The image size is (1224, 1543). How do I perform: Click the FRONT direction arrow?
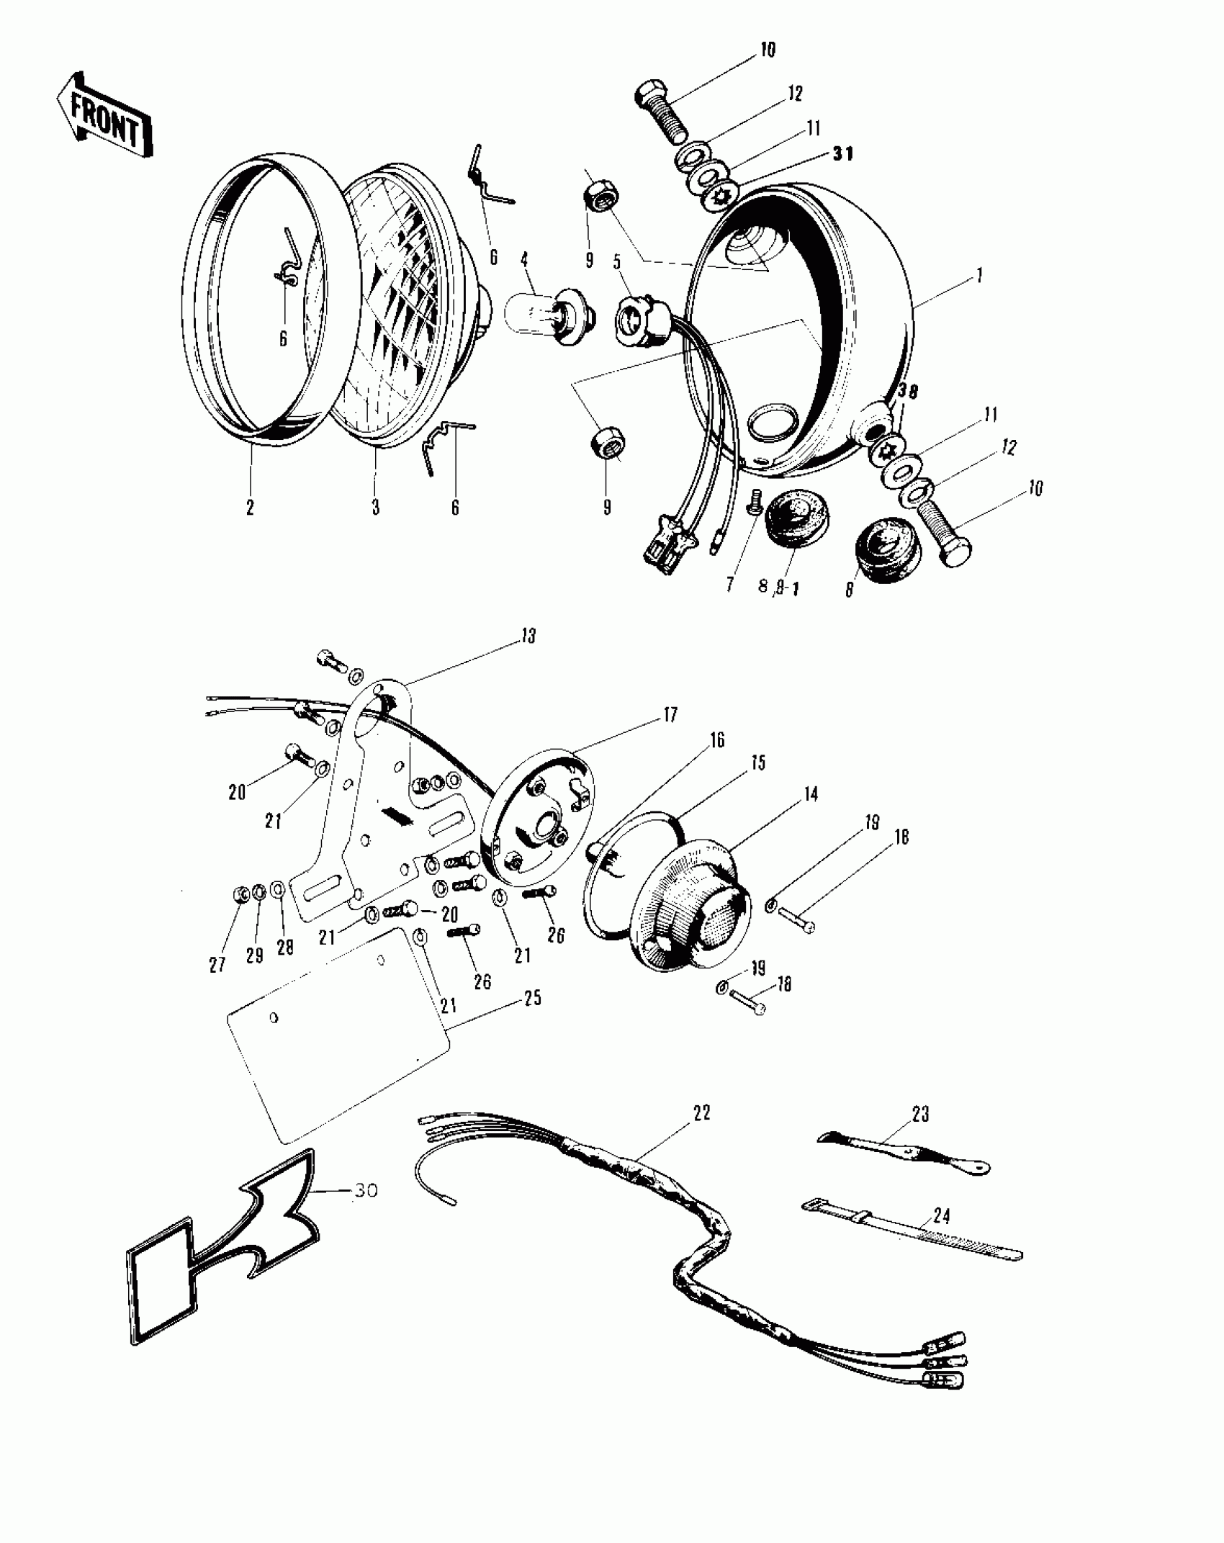(x=104, y=114)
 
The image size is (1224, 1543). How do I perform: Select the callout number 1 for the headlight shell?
(x=978, y=276)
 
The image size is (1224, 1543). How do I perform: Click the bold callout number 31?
(x=842, y=154)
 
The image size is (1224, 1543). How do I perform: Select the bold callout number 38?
(x=909, y=392)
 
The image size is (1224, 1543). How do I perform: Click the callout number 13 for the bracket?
(x=529, y=636)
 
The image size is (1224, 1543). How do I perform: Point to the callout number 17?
(x=670, y=715)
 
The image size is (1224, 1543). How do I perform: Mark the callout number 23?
(x=920, y=1115)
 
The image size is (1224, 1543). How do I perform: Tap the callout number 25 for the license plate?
(x=532, y=999)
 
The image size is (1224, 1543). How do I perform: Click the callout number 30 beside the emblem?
(x=366, y=1191)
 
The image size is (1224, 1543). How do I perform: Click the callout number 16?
(x=717, y=740)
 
